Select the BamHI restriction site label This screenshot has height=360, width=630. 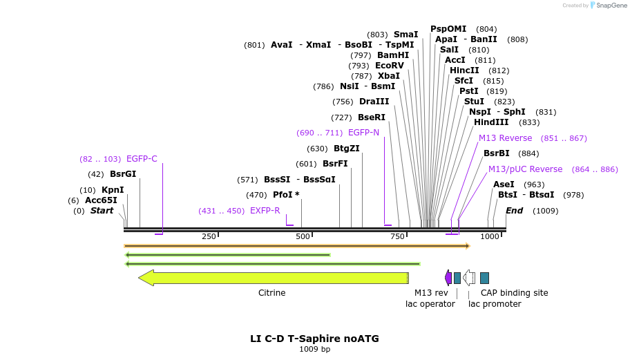point(393,55)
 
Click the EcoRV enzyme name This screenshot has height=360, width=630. point(390,66)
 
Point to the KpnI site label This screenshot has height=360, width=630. point(113,190)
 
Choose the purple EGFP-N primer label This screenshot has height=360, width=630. point(363,133)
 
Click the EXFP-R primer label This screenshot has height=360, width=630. point(265,211)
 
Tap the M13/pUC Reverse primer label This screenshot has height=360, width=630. point(526,169)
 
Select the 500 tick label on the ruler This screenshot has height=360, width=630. point(303,237)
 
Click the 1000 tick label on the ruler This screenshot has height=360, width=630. point(490,237)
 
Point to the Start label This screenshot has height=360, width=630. point(102,211)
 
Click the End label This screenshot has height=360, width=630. point(515,211)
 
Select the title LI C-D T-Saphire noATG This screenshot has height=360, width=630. point(314,339)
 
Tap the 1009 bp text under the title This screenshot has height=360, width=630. point(314,350)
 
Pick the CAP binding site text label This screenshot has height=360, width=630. point(515,293)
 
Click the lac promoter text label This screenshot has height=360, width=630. point(495,304)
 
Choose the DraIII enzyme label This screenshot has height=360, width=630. point(374,102)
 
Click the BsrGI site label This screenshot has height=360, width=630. point(123,174)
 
